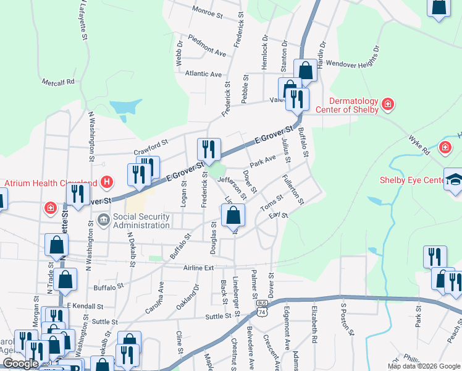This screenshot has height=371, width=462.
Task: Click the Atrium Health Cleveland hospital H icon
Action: (x=107, y=182)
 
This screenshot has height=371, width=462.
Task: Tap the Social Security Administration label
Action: (x=141, y=221)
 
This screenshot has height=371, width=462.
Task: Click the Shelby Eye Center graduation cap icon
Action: (x=453, y=181)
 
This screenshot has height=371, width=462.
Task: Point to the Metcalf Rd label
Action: (x=58, y=81)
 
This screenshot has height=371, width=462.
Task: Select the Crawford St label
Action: (x=151, y=148)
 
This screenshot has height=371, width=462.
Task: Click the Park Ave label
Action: (x=263, y=160)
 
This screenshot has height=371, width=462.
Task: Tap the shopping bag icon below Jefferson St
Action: (x=233, y=215)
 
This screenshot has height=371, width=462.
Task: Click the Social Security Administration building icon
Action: (x=103, y=220)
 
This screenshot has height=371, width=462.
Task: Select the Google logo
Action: (x=21, y=364)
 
